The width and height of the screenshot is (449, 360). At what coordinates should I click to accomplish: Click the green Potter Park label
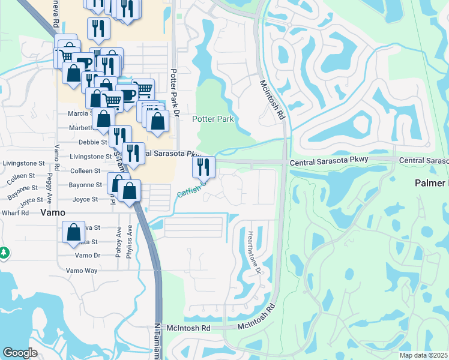(x=212, y=119)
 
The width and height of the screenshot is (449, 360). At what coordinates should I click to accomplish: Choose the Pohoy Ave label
(x=119, y=242)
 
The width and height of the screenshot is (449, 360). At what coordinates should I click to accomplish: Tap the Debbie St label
(x=92, y=142)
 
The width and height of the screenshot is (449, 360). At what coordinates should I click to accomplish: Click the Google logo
(x=20, y=353)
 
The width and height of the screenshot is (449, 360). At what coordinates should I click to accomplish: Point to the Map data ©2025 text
(x=423, y=355)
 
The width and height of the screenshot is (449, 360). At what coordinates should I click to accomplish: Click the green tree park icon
(x=4, y=253)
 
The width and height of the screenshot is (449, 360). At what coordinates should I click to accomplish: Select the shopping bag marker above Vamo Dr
(x=73, y=232)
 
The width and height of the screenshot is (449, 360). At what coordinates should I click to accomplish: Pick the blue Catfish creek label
(x=190, y=193)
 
